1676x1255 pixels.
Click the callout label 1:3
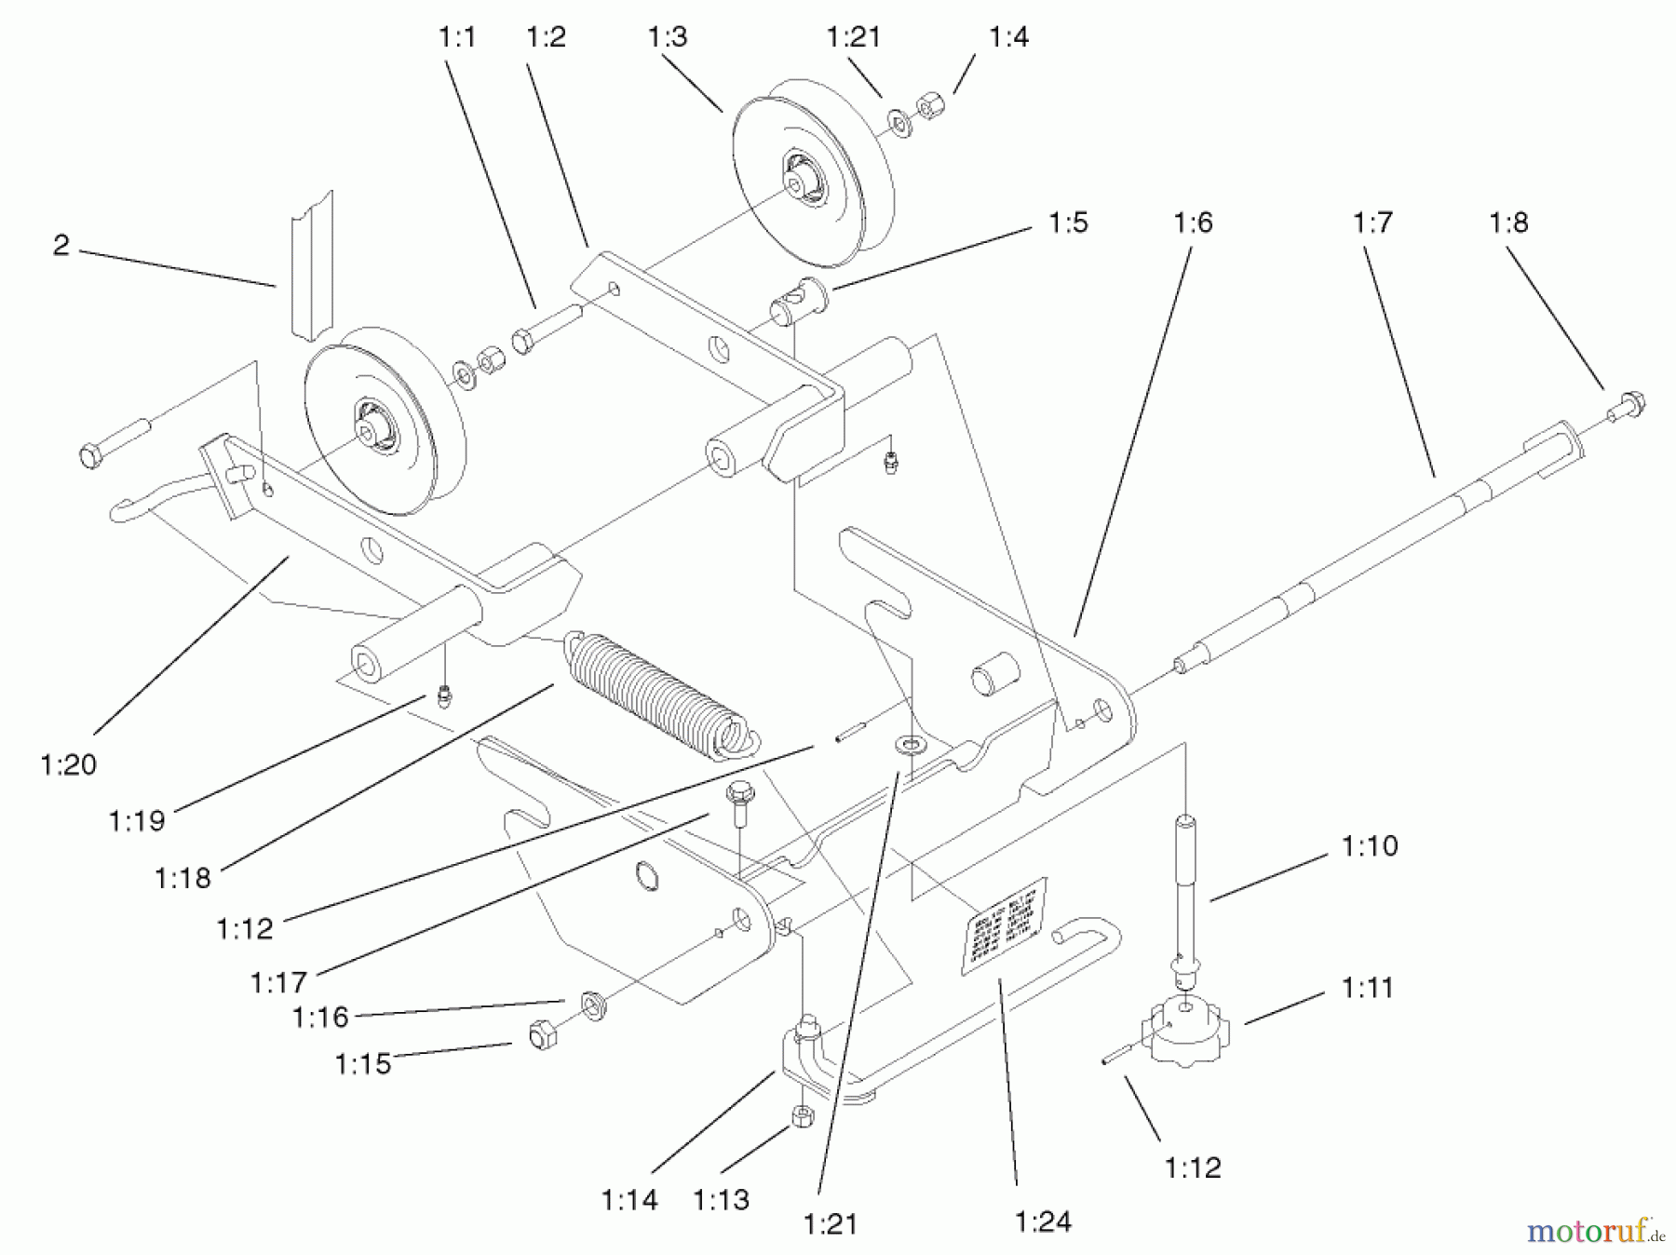(667, 37)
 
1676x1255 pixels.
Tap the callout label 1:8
(1508, 223)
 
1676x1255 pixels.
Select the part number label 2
(61, 246)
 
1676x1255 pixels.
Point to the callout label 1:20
(69, 764)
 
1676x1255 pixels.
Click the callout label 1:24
(1043, 1221)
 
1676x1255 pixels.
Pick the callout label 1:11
(1367, 987)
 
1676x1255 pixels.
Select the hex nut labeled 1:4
(929, 107)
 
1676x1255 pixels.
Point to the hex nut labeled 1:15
(541, 1034)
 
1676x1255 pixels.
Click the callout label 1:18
(182, 877)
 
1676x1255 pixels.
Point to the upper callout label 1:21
(853, 37)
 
